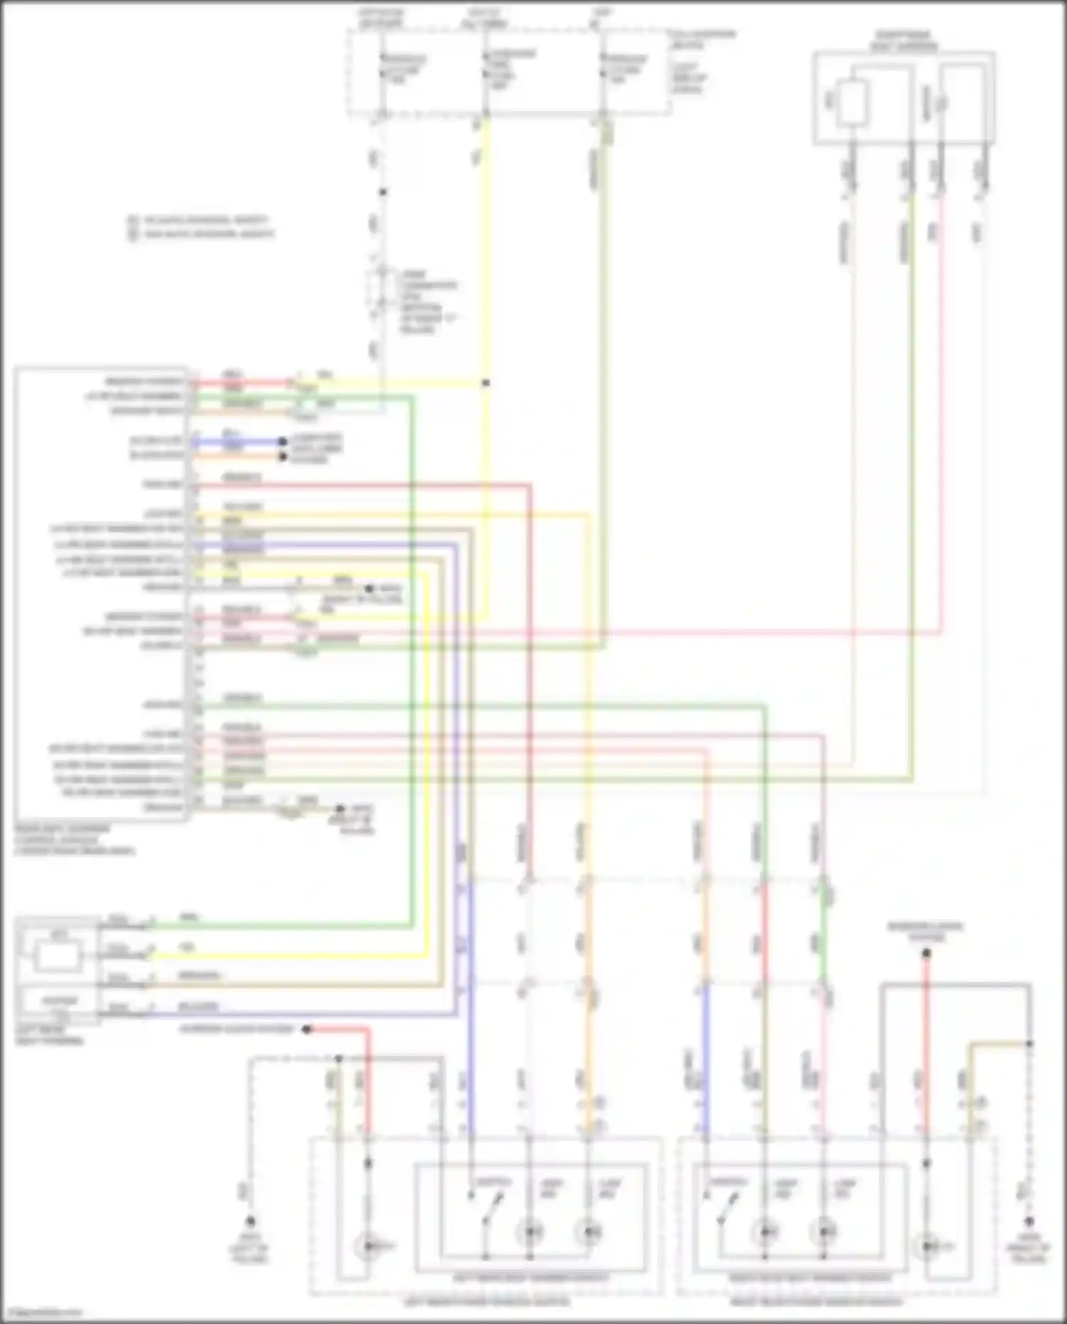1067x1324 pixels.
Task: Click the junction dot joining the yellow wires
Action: point(486,383)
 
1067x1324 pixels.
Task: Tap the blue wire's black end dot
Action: point(283,442)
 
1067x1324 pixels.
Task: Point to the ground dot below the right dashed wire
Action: point(1029,1221)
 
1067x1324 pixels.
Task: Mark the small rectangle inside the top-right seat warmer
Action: point(851,104)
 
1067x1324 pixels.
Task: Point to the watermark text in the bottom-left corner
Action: point(41,1313)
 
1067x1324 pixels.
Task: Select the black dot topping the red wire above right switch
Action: point(926,953)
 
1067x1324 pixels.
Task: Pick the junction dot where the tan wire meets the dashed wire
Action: point(1029,1044)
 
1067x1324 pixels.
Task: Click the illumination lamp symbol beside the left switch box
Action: point(367,1245)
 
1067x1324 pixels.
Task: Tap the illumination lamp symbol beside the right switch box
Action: point(927,1245)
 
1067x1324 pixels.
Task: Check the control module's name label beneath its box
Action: point(74,840)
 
